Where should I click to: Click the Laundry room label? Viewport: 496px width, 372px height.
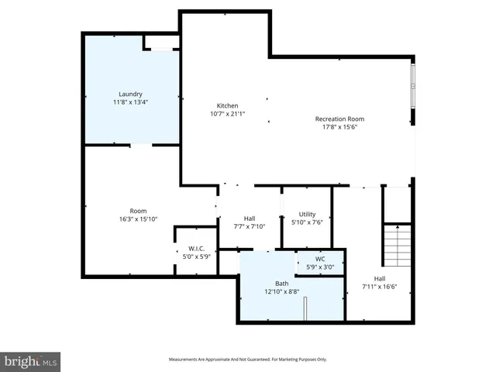pos(131,94)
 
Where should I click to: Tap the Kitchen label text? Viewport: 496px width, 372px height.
pos(227,105)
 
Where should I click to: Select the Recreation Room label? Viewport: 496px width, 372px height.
pos(339,119)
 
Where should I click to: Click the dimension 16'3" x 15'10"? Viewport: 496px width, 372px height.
pos(138,219)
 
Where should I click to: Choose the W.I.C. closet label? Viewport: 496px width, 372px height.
pos(195,249)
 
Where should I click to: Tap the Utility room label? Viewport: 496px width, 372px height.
pos(307,214)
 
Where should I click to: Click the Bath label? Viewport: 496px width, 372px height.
pos(281,284)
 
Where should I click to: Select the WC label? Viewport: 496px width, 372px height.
pos(320,259)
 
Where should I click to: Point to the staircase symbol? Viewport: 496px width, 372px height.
pos(397,245)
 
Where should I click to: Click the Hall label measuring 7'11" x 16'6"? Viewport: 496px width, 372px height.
pos(380,278)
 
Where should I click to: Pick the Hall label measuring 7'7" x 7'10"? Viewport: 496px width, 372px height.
pos(250,219)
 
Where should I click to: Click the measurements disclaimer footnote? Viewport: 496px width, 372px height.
pos(248,360)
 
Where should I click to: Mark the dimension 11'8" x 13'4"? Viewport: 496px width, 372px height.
pos(131,102)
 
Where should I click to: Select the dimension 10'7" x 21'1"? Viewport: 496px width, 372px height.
pos(227,114)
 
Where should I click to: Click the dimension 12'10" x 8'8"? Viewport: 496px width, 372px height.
pos(281,292)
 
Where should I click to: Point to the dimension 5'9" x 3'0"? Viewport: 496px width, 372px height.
pos(320,267)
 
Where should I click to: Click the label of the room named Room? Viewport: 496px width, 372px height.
pos(138,211)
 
